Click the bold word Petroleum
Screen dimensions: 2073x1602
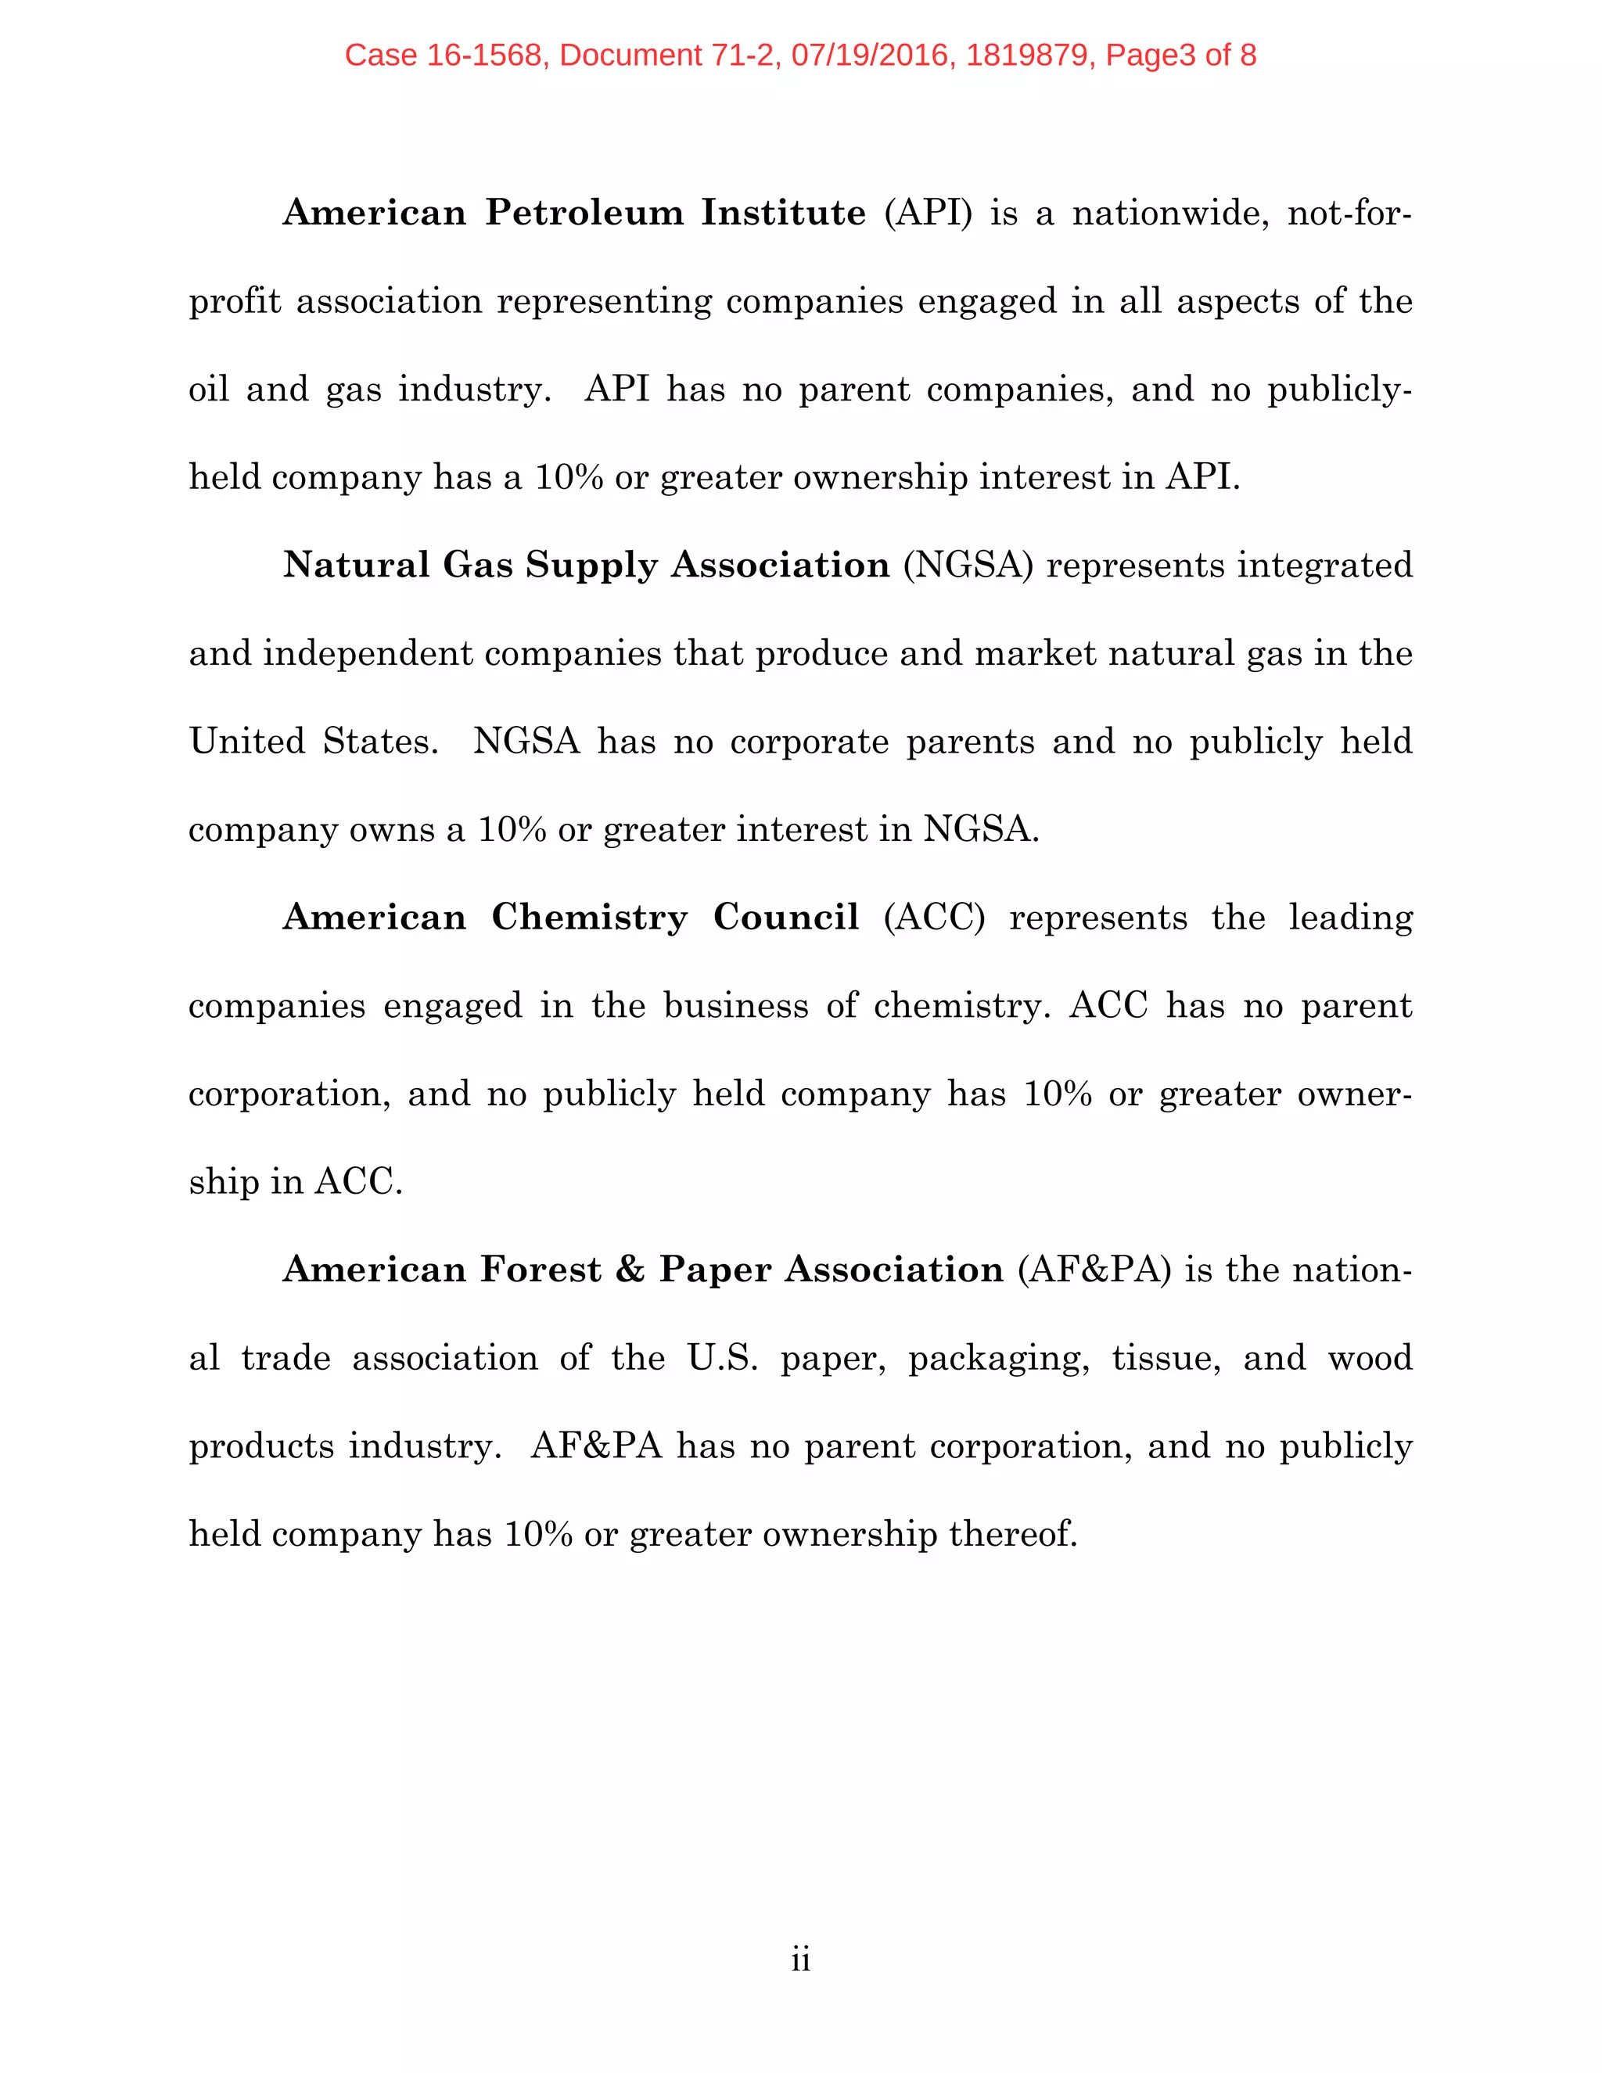[x=584, y=213]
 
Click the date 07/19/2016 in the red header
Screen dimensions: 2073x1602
[x=869, y=55]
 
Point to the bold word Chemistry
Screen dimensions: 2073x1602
[x=589, y=917]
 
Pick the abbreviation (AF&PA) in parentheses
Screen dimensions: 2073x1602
[x=1094, y=1269]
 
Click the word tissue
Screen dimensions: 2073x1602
[x=1166, y=1357]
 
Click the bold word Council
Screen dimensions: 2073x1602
[x=786, y=917]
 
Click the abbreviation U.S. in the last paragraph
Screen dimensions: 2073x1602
[x=722, y=1357]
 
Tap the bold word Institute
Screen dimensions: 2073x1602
[x=783, y=213]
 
